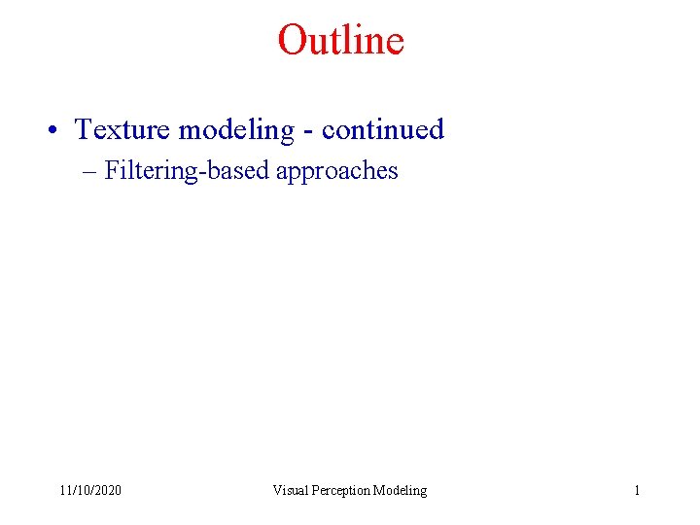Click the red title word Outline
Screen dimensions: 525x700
[x=340, y=40]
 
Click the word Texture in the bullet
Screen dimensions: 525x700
[x=122, y=129]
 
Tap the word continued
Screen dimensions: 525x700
[x=382, y=129]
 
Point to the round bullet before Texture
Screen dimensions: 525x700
[x=60, y=130]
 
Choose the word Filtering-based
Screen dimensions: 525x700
[x=187, y=171]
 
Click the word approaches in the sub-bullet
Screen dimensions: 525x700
[x=337, y=172]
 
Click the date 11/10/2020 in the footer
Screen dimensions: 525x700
[x=90, y=490]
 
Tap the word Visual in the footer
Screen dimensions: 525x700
[x=290, y=490]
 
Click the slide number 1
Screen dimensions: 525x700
[x=637, y=490]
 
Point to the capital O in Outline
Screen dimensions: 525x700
[x=291, y=40]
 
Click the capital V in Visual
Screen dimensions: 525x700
[x=277, y=490]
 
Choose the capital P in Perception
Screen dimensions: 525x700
[x=315, y=490]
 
